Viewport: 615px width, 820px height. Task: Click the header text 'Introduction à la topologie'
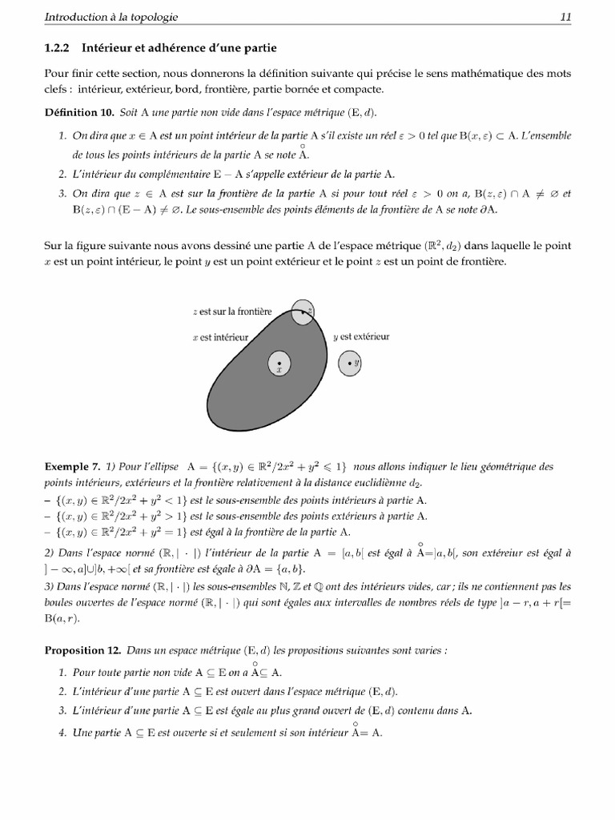111,16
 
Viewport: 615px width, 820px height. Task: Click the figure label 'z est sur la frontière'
232,311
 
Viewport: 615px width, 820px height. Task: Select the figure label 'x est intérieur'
221,338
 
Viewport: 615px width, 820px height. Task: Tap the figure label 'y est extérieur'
361,336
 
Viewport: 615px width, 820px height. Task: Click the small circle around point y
350,364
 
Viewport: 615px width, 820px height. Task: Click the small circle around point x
279,364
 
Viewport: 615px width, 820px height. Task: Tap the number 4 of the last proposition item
62,733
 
